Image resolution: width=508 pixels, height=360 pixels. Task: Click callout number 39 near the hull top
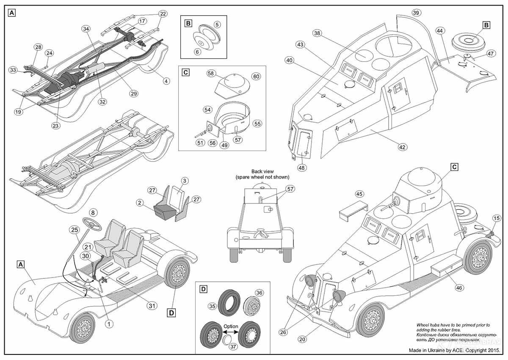416,13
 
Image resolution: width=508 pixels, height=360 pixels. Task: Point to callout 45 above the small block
359,194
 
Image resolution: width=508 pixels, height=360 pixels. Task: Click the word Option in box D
231,327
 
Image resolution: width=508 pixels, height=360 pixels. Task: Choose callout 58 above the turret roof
211,74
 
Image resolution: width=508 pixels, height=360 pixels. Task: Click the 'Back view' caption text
263,171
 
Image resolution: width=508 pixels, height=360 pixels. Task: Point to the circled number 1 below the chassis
109,324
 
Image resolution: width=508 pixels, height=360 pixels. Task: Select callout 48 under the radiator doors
302,167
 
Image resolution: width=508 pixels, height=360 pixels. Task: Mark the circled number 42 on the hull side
402,147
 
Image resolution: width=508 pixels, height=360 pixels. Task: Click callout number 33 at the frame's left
13,69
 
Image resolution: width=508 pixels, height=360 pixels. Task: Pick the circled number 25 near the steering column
74,230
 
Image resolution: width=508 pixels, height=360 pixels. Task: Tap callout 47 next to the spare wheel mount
491,54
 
